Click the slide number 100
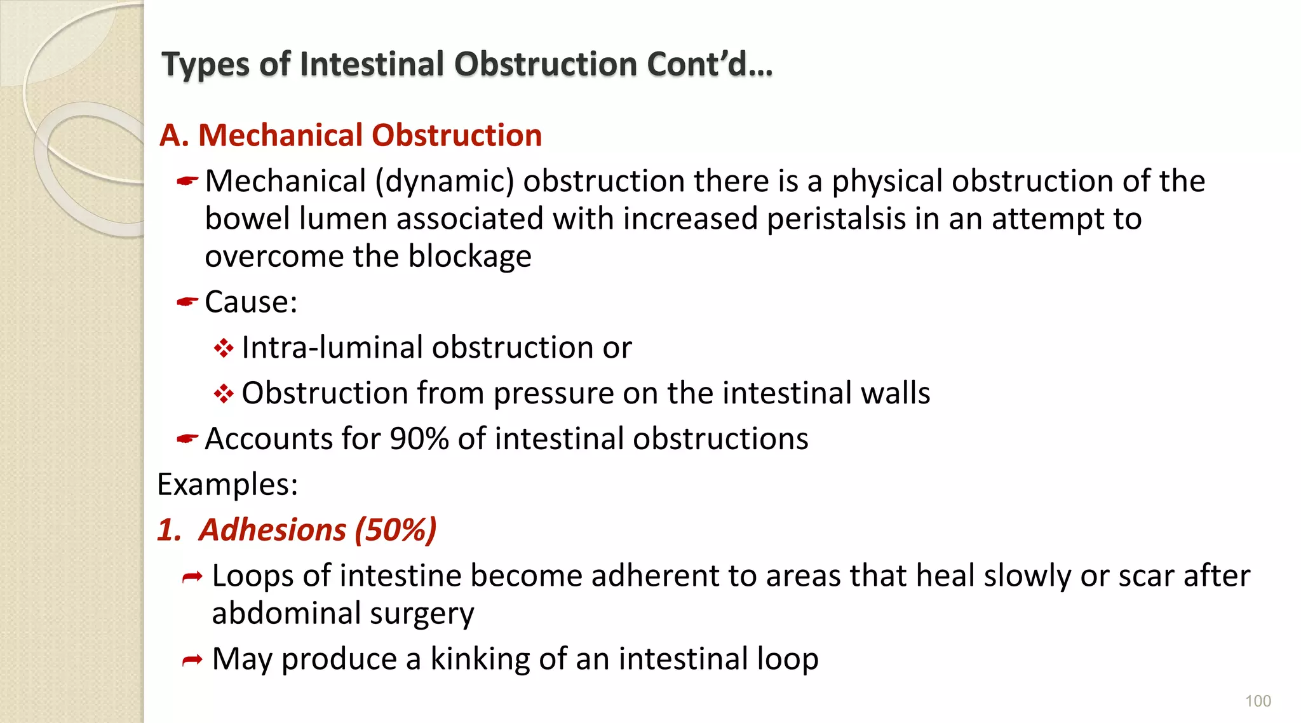tap(1258, 701)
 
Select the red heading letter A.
tap(173, 135)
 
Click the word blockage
tap(469, 256)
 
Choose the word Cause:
tap(251, 302)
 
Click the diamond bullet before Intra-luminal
tap(224, 348)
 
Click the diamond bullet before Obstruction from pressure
tap(224, 394)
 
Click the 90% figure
tap(419, 438)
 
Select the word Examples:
tap(227, 484)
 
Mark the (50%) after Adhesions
tap(396, 530)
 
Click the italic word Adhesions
tap(273, 530)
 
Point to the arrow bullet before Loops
tap(192, 577)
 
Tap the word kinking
tap(480, 659)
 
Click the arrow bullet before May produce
tap(192, 661)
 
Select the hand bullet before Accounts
tap(187, 438)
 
